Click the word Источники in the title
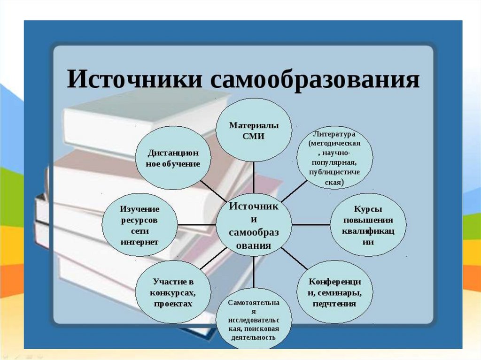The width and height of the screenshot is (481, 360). point(135,79)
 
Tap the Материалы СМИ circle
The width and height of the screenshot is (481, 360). point(254,130)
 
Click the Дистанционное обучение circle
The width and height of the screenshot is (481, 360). point(173,158)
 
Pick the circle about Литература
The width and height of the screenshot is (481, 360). point(334,158)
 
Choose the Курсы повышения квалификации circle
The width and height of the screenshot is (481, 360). point(368,225)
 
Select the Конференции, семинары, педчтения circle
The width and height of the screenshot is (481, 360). point(334,292)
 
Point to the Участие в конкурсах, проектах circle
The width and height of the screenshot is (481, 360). point(173,292)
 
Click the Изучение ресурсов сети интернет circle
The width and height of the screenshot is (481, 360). point(140,225)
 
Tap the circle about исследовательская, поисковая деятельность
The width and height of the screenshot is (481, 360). point(254,319)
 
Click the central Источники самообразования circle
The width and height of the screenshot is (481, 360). point(254,225)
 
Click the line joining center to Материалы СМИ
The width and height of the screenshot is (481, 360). point(254,177)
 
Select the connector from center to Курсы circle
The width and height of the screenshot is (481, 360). point(311,225)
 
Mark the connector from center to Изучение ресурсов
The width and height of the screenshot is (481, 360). point(197,225)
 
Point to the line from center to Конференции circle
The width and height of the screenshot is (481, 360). point(294,259)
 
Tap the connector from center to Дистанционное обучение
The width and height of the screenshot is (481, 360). point(213,191)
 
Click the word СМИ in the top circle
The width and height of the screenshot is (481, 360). point(253,136)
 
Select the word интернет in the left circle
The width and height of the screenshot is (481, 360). point(140,242)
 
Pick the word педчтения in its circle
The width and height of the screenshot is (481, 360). point(334,304)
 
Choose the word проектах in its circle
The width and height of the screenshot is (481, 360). point(173,304)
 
